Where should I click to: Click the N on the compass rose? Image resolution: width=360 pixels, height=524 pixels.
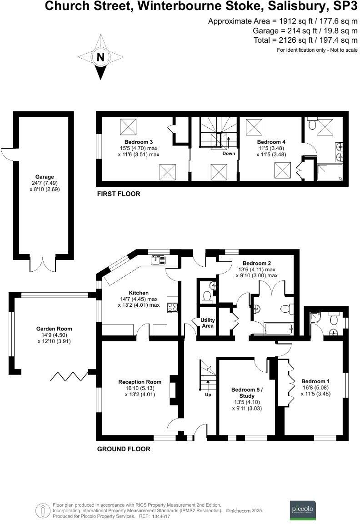[x=100, y=57]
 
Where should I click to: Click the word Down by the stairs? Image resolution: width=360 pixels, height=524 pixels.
[x=229, y=154]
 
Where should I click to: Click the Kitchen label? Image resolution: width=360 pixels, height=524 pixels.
[x=139, y=293]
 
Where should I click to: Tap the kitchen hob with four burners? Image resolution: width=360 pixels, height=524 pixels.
[x=173, y=308]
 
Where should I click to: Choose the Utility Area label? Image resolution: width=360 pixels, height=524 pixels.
[x=208, y=323]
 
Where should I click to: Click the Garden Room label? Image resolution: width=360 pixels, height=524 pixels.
[x=54, y=329]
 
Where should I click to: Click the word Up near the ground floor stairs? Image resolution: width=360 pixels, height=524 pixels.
[x=209, y=395]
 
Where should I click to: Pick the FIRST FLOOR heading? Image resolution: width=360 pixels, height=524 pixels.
[x=119, y=194]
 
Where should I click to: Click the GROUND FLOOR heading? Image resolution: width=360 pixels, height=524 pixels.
[x=124, y=449]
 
